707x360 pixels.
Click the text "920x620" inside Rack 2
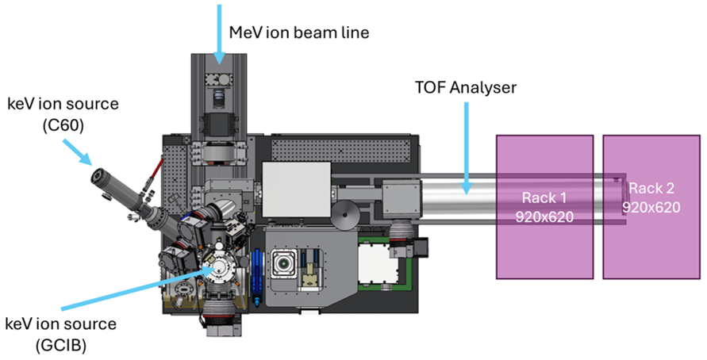point(652,208)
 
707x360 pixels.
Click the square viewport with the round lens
point(283,262)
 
